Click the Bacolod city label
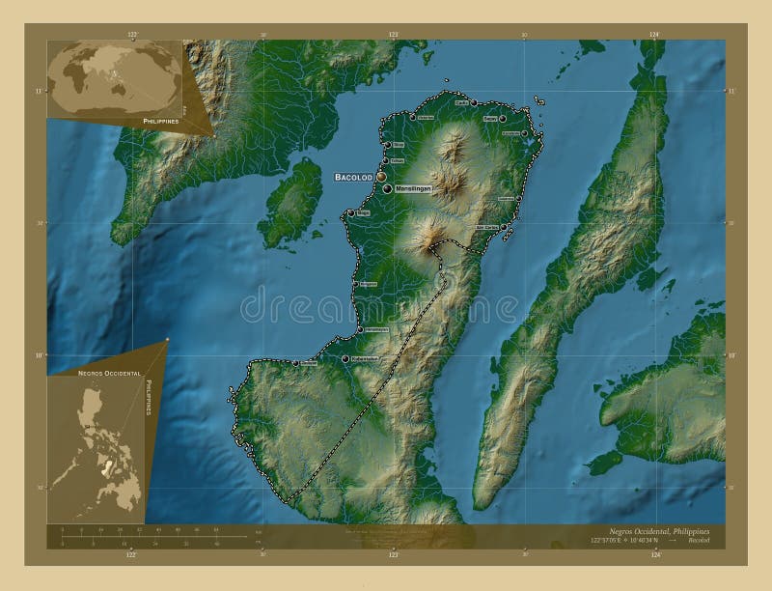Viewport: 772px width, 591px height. (x=353, y=178)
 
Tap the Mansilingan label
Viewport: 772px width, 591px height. (x=413, y=189)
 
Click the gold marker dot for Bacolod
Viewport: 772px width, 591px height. (x=381, y=177)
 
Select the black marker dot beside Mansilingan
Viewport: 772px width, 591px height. (x=387, y=189)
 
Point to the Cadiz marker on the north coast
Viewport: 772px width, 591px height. (x=474, y=102)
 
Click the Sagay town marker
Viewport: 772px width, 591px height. (x=503, y=119)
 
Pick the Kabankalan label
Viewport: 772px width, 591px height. (x=368, y=359)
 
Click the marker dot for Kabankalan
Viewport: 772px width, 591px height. (x=345, y=359)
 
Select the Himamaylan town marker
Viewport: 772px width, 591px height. (x=360, y=329)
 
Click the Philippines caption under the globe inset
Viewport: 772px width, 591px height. (x=161, y=122)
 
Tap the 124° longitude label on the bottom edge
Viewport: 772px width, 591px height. (x=655, y=555)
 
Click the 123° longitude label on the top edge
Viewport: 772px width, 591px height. (x=393, y=35)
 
